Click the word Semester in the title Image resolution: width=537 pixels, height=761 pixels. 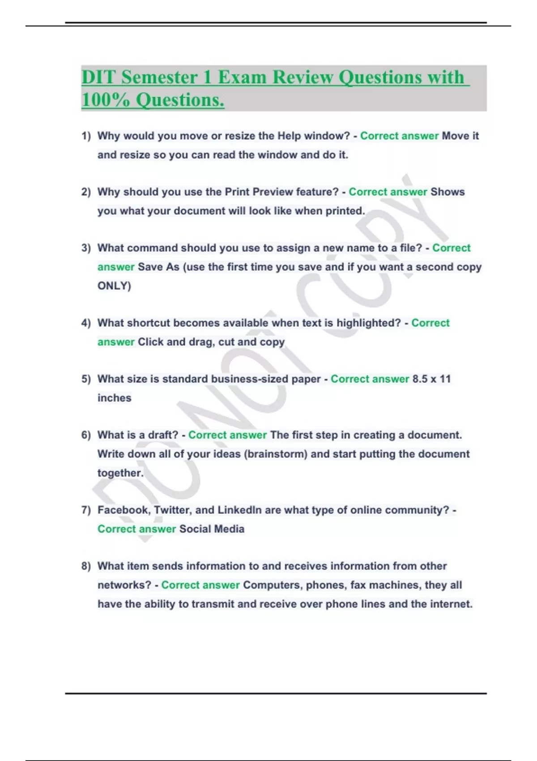[159, 77]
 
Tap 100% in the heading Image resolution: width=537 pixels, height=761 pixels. [106, 99]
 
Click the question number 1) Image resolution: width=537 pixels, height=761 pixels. [86, 136]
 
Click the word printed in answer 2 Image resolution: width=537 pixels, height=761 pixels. [345, 211]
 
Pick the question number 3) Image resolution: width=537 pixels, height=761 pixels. [86, 248]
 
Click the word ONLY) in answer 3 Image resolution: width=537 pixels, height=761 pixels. [114, 286]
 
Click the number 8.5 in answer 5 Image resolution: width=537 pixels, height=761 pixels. [420, 379]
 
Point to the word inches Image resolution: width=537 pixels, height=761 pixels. [115, 398]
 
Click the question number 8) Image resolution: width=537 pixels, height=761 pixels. [86, 566]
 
